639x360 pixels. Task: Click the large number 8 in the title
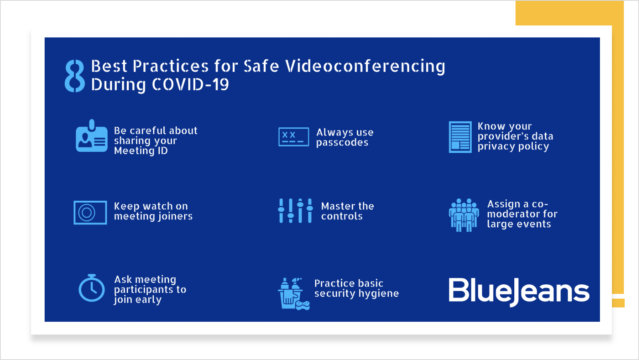[75, 76]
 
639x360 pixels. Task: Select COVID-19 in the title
[190, 84]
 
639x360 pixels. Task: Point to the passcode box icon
[294, 137]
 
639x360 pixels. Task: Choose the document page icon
[460, 137]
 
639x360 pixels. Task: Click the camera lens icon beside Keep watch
[90, 213]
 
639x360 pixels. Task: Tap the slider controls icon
[295, 211]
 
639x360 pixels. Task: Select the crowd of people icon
[464, 215]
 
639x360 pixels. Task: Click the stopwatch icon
[92, 288]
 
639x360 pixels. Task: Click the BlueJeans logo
[519, 292]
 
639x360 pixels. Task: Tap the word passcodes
[342, 143]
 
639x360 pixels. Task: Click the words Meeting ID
[141, 151]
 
